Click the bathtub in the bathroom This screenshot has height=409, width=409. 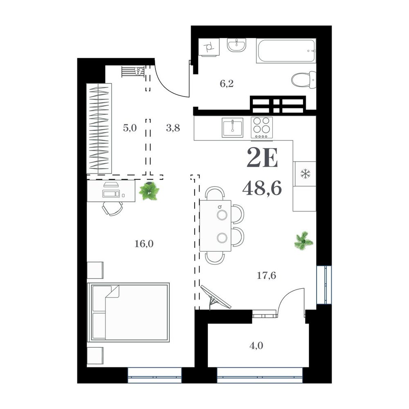click(x=286, y=51)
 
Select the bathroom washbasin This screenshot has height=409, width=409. click(x=236, y=45)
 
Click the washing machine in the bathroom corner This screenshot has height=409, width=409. click(x=209, y=47)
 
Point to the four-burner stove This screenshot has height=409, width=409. click(x=262, y=127)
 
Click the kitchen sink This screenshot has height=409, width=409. click(x=232, y=127)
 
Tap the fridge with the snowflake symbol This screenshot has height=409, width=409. click(x=304, y=174)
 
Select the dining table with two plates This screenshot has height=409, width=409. click(x=215, y=226)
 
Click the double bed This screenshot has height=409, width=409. click(x=128, y=312)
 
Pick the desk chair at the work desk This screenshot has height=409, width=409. click(x=112, y=208)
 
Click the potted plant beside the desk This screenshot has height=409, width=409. click(x=149, y=191)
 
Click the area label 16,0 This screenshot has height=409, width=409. click(x=144, y=244)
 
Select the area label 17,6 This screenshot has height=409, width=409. click(x=266, y=275)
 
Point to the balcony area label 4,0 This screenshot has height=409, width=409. click(x=256, y=346)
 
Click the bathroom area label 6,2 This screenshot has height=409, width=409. click(x=227, y=84)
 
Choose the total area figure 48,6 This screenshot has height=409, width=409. click(x=262, y=188)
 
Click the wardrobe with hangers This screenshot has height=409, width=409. click(x=99, y=128)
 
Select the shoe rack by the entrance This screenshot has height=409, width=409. click(x=133, y=72)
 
